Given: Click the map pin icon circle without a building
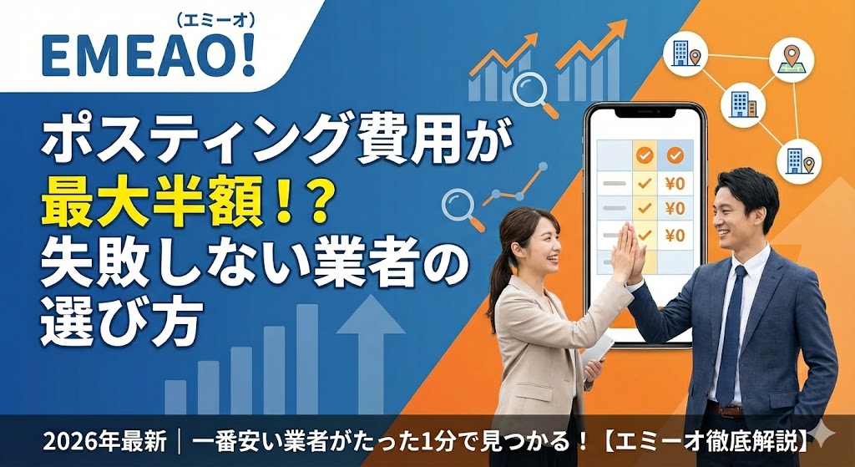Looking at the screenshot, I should pyautogui.click(x=788, y=60).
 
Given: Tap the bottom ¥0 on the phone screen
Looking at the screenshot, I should pyautogui.click(x=674, y=235).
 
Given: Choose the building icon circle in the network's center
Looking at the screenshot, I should pyautogui.click(x=739, y=103).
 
